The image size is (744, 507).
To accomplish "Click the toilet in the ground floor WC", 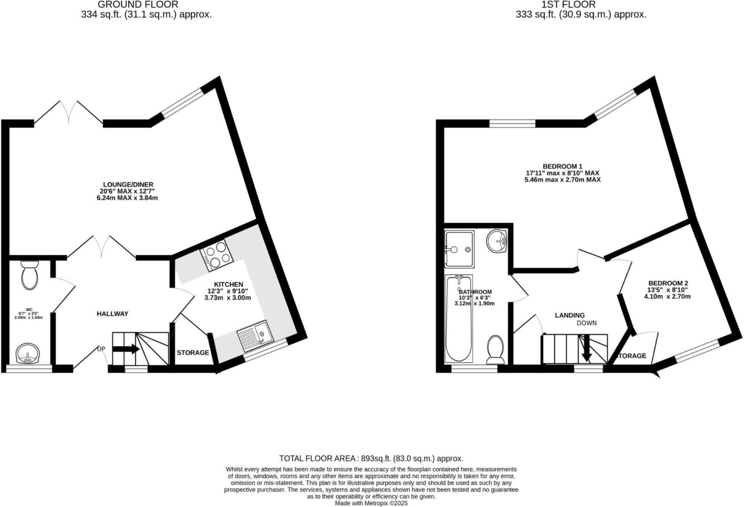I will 30,277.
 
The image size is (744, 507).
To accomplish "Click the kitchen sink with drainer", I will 254,336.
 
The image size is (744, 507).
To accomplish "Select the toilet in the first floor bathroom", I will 496,349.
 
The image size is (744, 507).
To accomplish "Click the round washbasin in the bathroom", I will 497,241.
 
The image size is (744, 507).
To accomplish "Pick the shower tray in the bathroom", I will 459,249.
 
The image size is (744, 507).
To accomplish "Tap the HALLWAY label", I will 112,314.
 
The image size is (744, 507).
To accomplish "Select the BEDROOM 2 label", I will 668,283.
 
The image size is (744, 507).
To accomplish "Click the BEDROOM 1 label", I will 562,166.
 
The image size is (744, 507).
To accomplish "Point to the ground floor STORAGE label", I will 192,353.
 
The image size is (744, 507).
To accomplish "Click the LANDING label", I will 570,315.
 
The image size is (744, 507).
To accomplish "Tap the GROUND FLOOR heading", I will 138,5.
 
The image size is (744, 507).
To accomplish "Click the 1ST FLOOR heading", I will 568,5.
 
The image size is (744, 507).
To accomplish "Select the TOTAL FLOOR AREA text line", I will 371,458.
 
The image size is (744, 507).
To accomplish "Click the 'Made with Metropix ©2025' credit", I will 371,503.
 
